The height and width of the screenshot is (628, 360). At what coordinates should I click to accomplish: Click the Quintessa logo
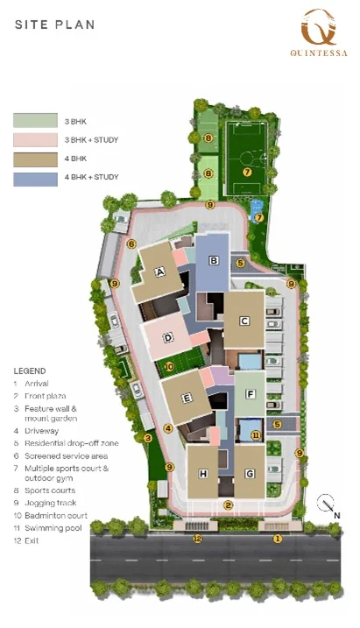coord(319,32)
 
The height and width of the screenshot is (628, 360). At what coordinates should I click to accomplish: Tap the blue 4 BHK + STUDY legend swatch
coord(35,179)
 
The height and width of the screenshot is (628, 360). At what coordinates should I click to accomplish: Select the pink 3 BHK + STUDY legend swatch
coord(35,140)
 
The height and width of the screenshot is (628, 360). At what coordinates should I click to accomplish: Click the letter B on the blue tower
coord(214,261)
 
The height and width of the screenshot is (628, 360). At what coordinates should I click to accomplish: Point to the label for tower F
coord(251,394)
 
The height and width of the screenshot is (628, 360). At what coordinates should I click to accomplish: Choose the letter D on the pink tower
coord(168,337)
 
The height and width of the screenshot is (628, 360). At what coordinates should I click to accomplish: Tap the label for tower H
coord(203,474)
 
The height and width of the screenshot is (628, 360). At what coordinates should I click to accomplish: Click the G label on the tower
coord(250,474)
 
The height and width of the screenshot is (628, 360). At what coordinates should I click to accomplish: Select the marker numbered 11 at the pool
coord(256,435)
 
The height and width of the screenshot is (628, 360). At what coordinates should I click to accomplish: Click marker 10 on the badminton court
coord(169,366)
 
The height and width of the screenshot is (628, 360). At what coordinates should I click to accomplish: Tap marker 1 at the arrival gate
coord(278,539)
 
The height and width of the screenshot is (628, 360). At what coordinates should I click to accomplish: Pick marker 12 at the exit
coord(197,539)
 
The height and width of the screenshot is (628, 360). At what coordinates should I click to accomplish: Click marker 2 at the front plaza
coord(229,505)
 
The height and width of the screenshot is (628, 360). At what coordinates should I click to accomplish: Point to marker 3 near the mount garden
coord(148,438)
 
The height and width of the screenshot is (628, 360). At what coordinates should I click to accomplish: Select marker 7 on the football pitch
coord(247,173)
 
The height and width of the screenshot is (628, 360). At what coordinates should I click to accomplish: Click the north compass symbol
coord(328,505)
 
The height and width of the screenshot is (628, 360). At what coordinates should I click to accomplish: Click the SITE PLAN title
coord(55,25)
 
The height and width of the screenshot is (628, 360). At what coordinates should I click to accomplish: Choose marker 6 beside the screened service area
coord(131,243)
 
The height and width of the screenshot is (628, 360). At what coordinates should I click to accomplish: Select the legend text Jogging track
coord(51,503)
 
